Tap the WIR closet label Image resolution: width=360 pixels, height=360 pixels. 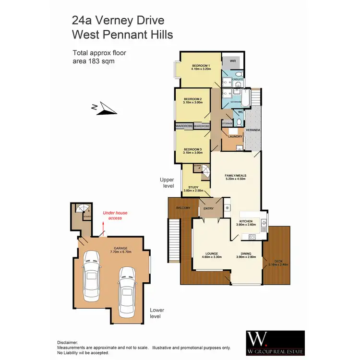232,61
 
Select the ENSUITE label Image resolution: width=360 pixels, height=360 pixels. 238,79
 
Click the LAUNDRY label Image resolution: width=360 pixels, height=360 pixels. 235,137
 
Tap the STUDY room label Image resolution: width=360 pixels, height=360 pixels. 193,188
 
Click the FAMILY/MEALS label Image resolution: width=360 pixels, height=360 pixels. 235,176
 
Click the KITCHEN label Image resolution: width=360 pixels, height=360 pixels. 240,221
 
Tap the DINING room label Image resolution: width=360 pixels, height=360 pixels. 248,253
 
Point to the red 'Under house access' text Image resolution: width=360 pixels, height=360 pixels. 115,215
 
